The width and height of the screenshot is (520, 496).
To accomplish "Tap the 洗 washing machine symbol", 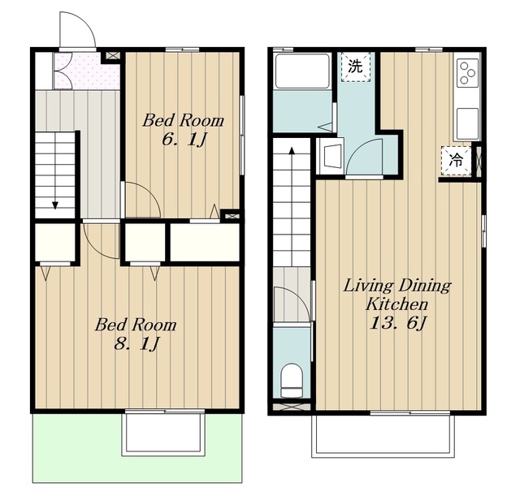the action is tap(355, 67).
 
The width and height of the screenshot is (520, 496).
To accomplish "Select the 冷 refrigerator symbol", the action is tap(456, 161).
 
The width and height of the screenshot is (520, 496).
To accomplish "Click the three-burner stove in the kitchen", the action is tap(468, 72).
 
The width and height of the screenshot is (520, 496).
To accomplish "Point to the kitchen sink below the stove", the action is tap(468, 123).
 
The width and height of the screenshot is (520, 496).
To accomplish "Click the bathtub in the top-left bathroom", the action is tap(302, 71).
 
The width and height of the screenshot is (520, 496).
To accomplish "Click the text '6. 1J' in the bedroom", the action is tap(184, 140).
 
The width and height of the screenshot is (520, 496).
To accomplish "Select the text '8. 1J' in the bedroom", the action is tap(136, 344).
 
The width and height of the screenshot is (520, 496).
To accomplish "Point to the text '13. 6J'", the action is tap(397, 323).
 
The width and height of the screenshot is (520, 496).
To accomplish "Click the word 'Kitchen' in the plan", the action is tap(396, 304).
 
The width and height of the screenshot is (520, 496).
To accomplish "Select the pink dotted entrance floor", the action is tap(87, 71).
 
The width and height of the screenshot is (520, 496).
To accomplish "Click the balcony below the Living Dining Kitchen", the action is tap(383, 435).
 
